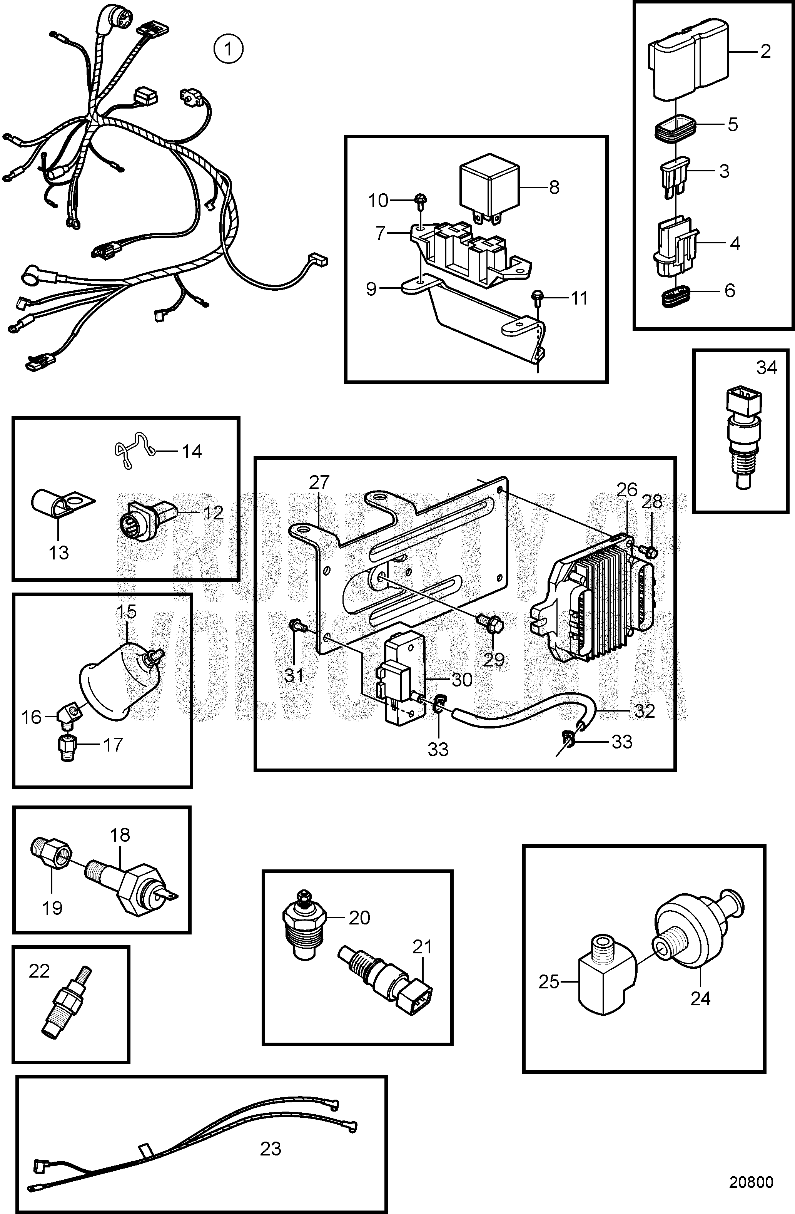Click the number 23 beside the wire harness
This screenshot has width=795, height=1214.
tap(270, 1145)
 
